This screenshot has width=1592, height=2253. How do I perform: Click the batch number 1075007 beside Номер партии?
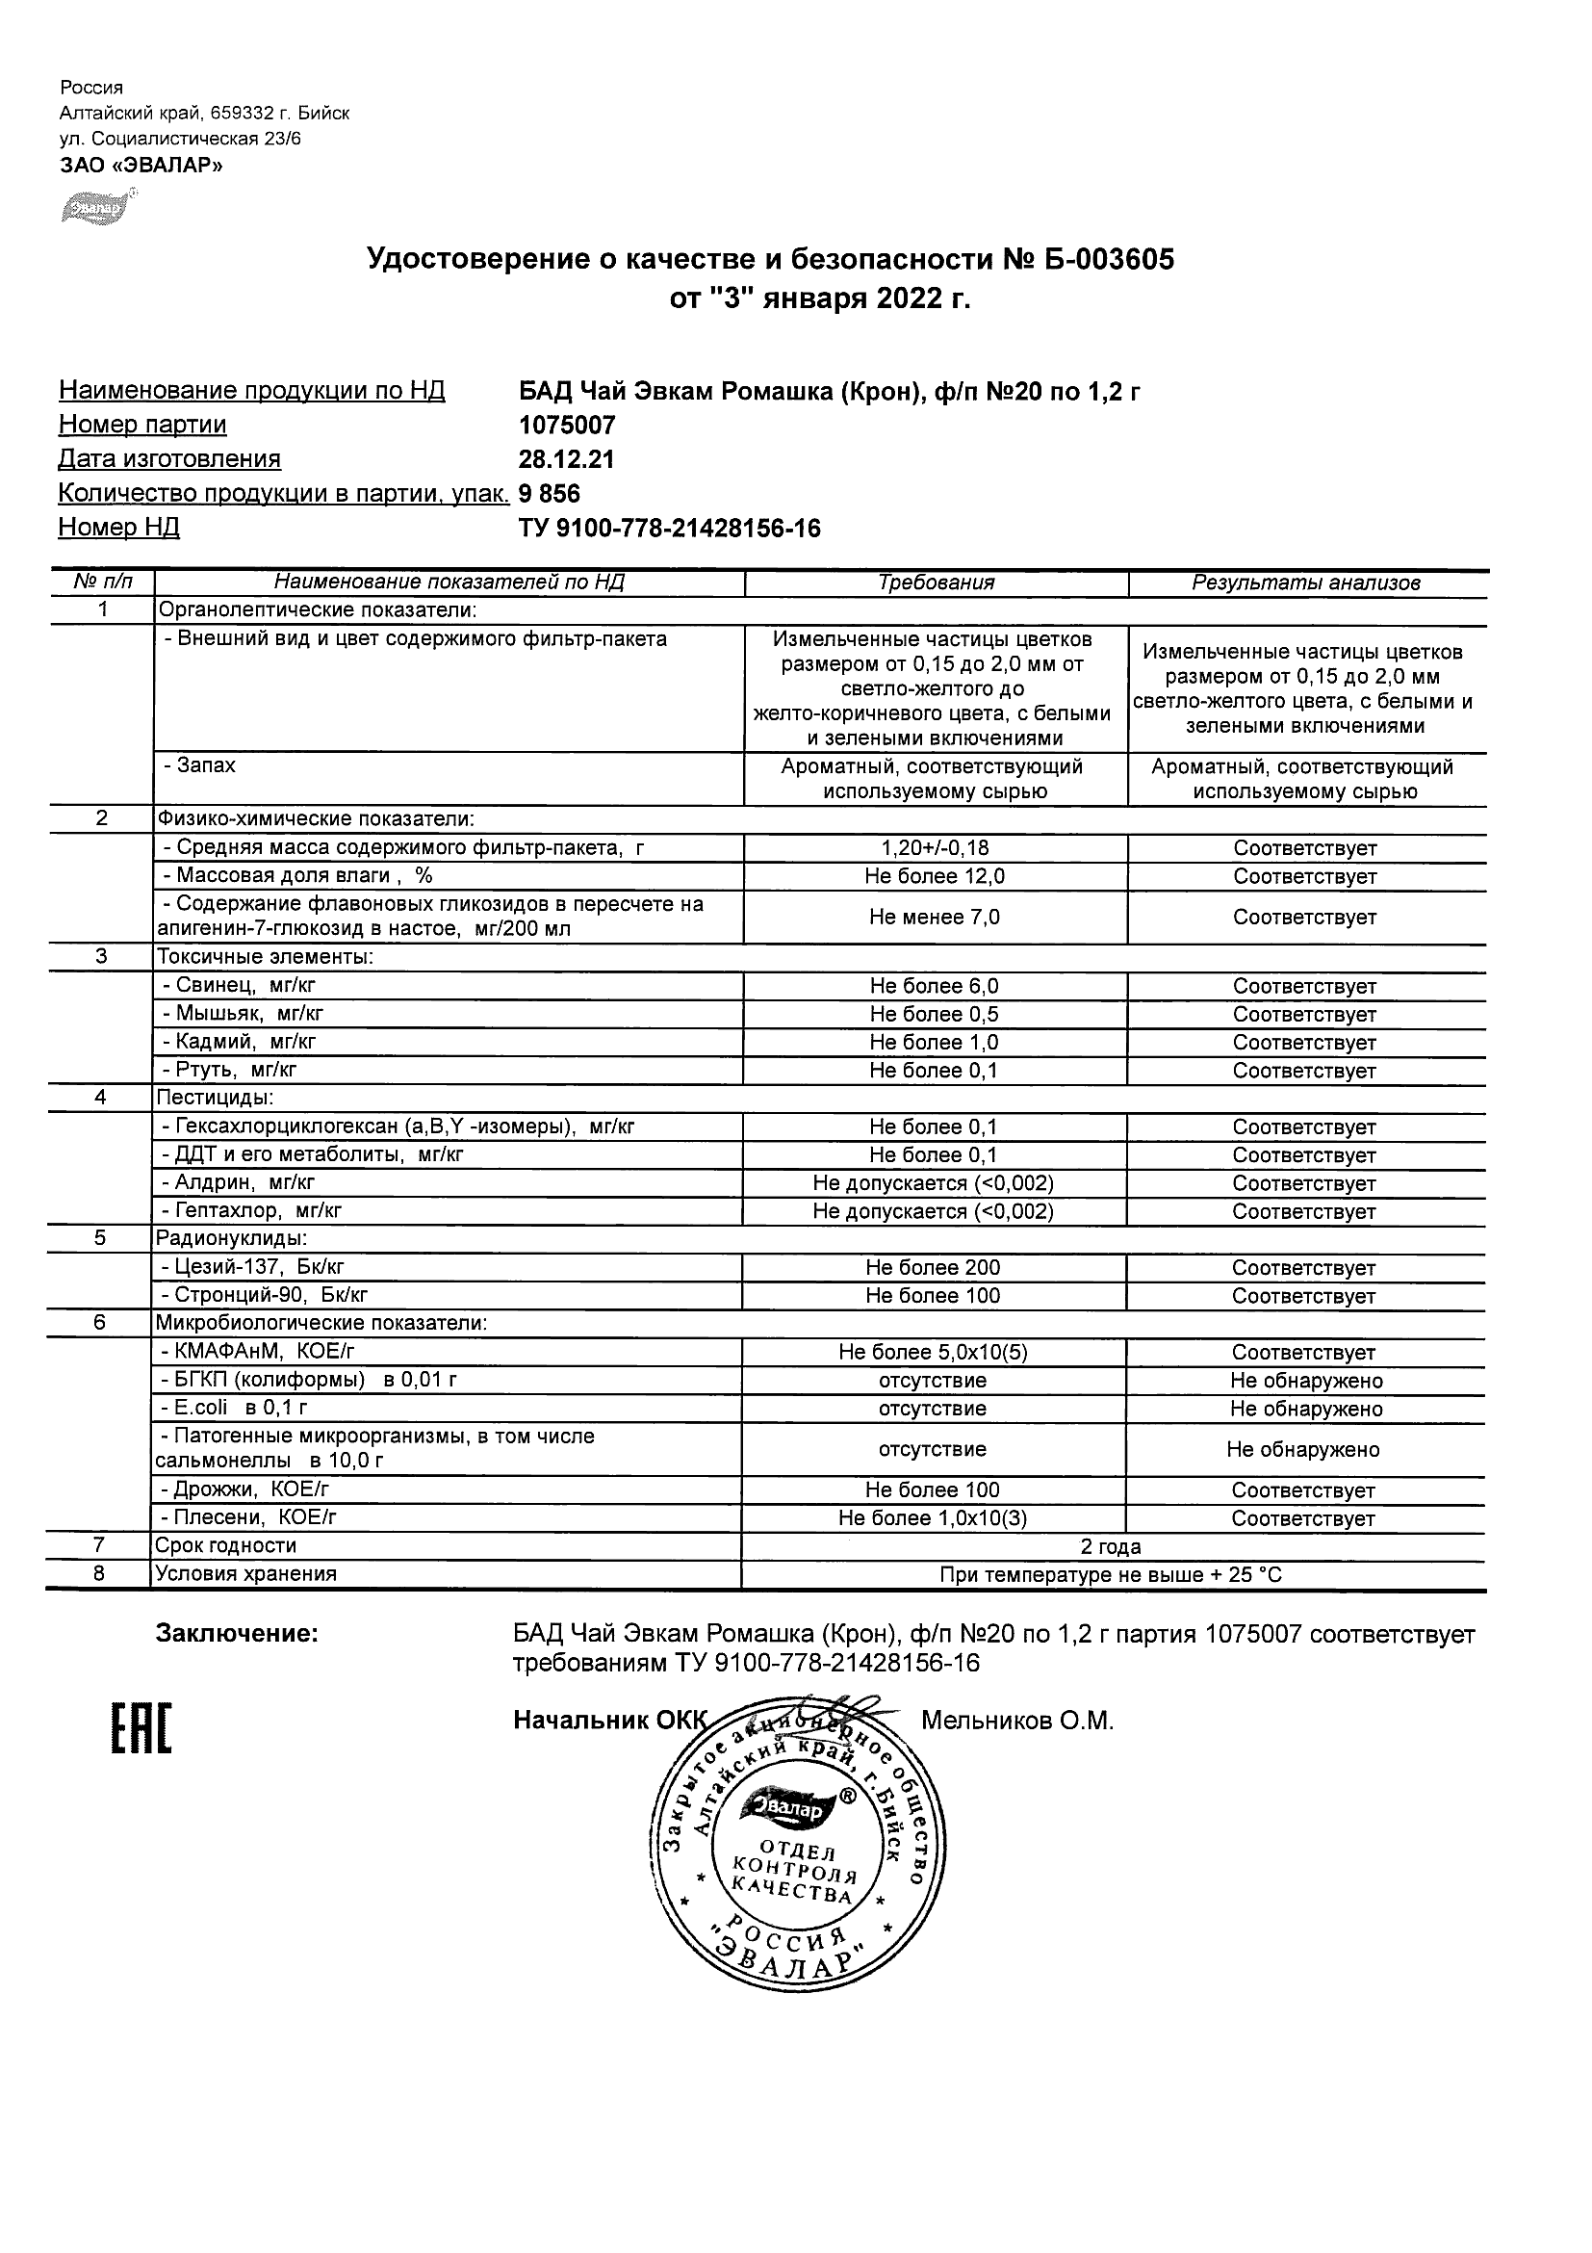pos(567,425)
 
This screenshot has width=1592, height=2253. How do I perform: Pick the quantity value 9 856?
pos(550,494)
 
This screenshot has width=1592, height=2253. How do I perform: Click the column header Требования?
pos(936,583)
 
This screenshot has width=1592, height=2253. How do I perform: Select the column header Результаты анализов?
pos(1305,583)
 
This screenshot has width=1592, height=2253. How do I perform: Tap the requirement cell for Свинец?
pos(934,986)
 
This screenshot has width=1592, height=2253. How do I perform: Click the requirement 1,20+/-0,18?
pos(934,848)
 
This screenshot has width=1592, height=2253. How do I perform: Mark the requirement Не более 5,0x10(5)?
pos(933,1352)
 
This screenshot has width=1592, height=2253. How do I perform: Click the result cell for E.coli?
pos(1305,1410)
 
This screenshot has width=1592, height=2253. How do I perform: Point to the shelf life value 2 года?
pos(1111,1547)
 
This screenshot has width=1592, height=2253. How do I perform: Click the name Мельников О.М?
pos(1017,1721)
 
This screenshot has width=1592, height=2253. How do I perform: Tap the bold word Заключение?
pos(237,1634)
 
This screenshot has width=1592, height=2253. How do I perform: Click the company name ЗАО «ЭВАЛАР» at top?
pos(141,166)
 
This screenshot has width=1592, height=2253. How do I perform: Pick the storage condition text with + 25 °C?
pos(1111,1576)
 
